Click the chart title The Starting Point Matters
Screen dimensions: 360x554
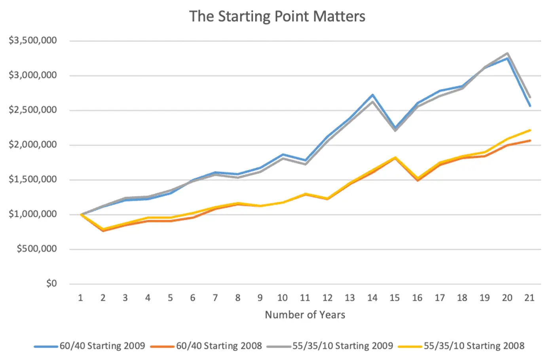coord(277,17)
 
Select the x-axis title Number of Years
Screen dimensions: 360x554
coord(305,315)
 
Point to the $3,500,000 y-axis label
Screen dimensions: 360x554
coord(33,40)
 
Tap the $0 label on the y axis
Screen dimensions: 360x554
coord(51,284)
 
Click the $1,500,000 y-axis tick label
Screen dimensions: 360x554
coord(33,179)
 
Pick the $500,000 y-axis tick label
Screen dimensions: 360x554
coord(37,249)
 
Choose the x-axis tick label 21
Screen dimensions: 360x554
coord(529,298)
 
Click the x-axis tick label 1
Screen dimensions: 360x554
coord(80,298)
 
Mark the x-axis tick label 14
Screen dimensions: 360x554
coord(372,298)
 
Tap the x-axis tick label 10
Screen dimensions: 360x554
coord(282,298)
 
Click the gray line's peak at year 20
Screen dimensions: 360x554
coord(507,53)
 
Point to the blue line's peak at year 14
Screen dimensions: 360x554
coord(372,95)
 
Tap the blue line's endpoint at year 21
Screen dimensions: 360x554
coord(529,106)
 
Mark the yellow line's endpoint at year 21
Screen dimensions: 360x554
coord(529,130)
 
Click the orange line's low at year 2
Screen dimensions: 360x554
coord(103,230)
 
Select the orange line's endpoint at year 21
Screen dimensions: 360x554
coord(529,140)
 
